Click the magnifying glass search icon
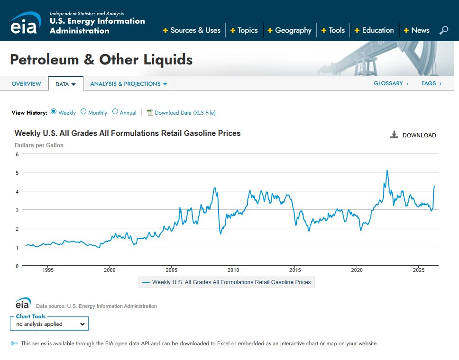pyautogui.click(x=444, y=30)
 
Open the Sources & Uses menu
pyautogui.click(x=192, y=30)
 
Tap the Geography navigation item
pyautogui.click(x=290, y=30)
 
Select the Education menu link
pyautogui.click(x=374, y=30)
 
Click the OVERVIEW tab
pyautogui.click(x=27, y=84)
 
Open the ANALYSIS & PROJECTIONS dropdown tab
pyautogui.click(x=129, y=84)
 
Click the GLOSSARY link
pyautogui.click(x=391, y=83)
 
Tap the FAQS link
pyautogui.click(x=431, y=83)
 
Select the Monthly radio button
pyautogui.click(x=83, y=111)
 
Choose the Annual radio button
pyautogui.click(x=115, y=111)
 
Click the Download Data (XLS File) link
pyautogui.click(x=185, y=113)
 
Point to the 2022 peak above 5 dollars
pyautogui.click(x=387, y=170)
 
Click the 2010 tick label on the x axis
pyautogui.click(x=233, y=270)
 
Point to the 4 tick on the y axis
pyautogui.click(x=17, y=191)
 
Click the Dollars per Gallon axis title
pyautogui.click(x=39, y=145)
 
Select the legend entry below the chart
pyautogui.click(x=227, y=282)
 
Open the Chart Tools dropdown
pyautogui.click(x=49, y=324)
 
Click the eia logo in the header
pyautogui.click(x=25, y=23)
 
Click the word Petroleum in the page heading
pyautogui.click(x=45, y=60)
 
